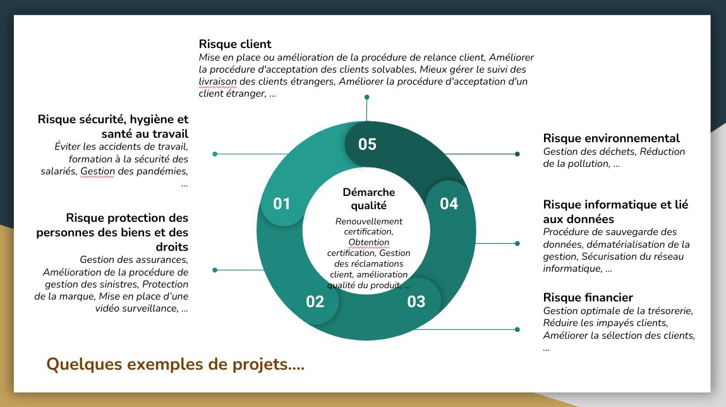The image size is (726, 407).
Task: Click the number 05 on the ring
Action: pos(367,144)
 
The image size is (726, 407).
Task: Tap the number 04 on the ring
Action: pos(449,203)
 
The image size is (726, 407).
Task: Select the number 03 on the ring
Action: pos(416,301)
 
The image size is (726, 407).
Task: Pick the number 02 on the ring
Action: pos(315,301)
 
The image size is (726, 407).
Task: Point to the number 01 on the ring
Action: pos(281,203)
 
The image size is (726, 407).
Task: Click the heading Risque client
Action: pos(235,44)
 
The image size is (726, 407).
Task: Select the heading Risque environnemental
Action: pos(611,138)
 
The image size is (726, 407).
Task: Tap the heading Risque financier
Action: pos(588,298)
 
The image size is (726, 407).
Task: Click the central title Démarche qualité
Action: pos(368,198)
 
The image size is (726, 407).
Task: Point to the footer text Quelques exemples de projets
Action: pos(175,365)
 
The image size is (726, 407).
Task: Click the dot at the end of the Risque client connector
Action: pos(366,97)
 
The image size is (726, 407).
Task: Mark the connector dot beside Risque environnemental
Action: pos(517,154)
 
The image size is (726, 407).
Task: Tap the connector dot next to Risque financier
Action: pos(517,329)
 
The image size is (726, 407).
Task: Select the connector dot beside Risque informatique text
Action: pos(517,243)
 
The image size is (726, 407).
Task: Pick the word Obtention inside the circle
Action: pos(368,243)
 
